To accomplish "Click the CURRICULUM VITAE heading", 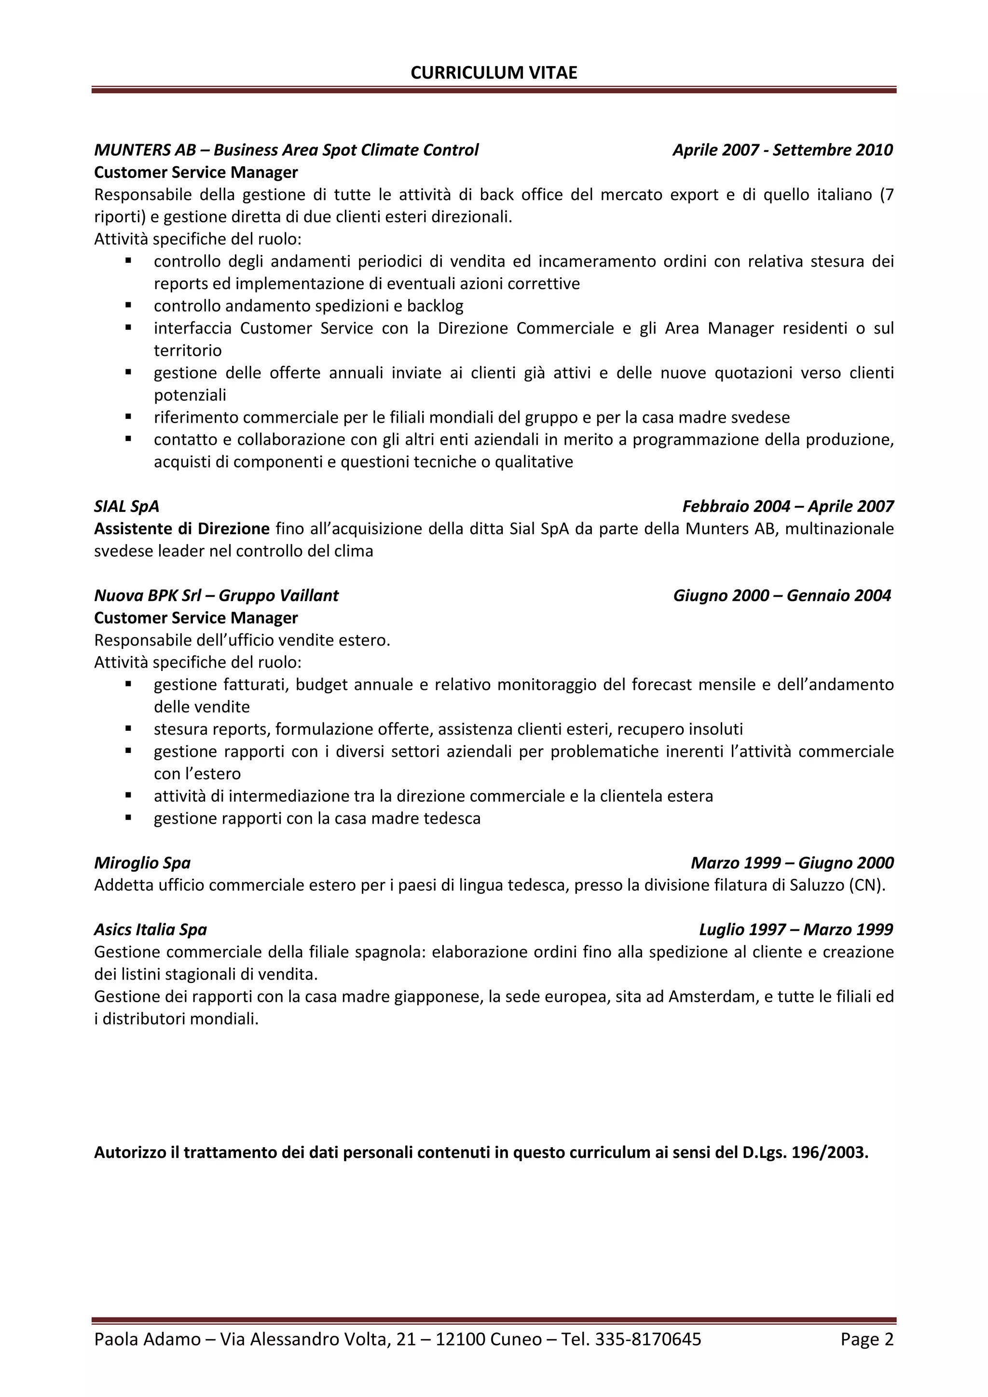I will coord(494,73).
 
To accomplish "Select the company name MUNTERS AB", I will coord(145,150).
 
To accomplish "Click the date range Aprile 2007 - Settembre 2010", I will coord(782,150).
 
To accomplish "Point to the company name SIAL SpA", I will coord(126,506).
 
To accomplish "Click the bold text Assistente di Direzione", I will coord(181,529).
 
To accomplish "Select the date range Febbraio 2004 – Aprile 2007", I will coord(788,506).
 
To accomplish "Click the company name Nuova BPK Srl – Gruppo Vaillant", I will coord(216,596).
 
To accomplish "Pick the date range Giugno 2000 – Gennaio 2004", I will coord(782,596).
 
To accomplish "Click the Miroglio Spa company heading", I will coord(142,863).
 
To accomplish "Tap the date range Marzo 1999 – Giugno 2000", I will coord(792,863).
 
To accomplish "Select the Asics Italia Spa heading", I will coord(151,930).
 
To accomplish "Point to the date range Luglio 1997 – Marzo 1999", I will coord(796,930).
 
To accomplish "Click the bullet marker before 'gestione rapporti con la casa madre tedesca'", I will coord(128,818).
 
